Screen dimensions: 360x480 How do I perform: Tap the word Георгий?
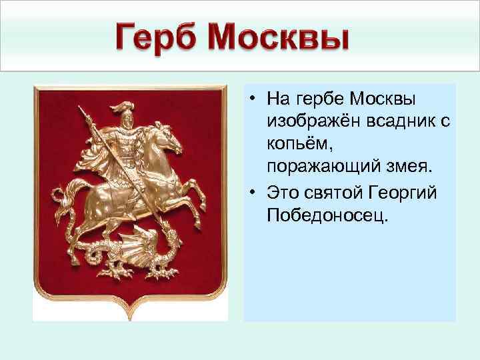point(402,193)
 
